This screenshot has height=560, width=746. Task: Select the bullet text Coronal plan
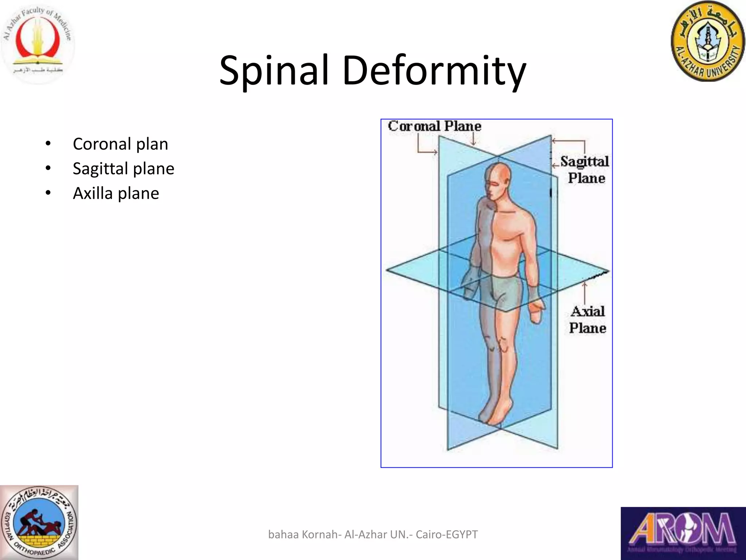pyautogui.click(x=120, y=144)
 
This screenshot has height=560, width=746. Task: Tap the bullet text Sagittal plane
pyautogui.click(x=123, y=168)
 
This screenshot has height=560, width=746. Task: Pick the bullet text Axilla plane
pyautogui.click(x=116, y=193)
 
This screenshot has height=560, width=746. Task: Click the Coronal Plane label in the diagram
pyautogui.click(x=434, y=126)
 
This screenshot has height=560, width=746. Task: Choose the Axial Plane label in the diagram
pyautogui.click(x=587, y=319)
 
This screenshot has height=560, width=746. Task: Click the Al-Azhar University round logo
pyautogui.click(x=708, y=41)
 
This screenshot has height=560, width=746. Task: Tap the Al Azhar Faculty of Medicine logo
pyautogui.click(x=38, y=42)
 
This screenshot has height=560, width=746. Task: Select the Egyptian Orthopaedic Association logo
pyautogui.click(x=39, y=522)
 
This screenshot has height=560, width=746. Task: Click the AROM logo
pyautogui.click(x=683, y=533)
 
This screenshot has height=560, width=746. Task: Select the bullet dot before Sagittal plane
pyautogui.click(x=48, y=168)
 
